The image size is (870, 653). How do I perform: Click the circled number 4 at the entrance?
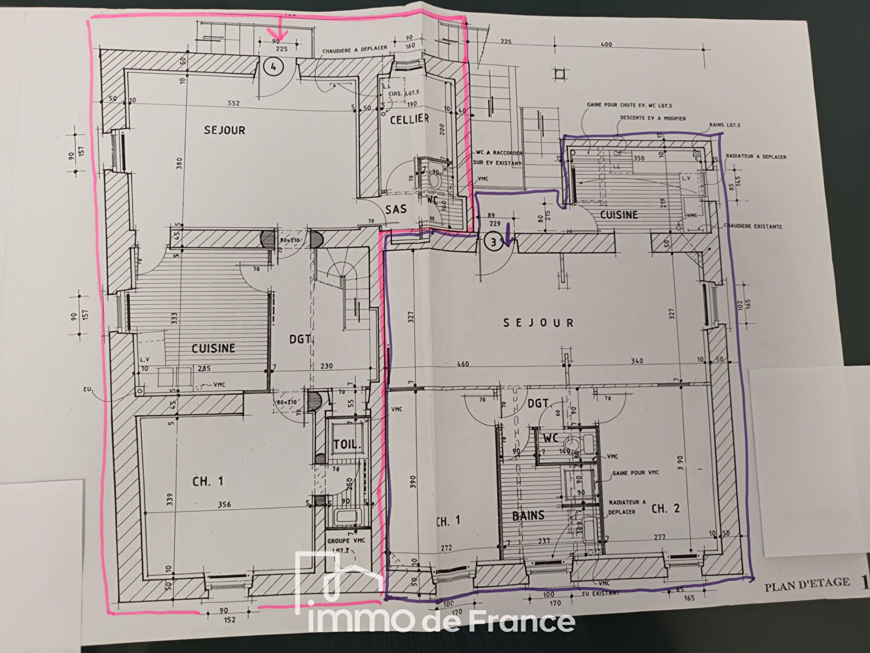pos(273,67)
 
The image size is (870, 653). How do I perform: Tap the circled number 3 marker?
pos(494,242)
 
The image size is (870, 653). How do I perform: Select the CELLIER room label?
pos(409,119)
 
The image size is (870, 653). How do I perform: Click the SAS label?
pos(396,209)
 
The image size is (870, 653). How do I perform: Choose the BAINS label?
pos(528,516)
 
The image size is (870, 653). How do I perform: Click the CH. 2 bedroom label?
pos(665,508)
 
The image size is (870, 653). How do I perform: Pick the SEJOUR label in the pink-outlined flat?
pos(224,130)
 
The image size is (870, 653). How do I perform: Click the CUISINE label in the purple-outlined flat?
pos(619,215)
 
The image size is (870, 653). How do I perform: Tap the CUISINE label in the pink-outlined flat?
pos(213,348)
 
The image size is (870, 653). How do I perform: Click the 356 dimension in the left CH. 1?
pos(224,504)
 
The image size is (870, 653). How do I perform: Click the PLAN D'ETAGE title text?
pos(807,586)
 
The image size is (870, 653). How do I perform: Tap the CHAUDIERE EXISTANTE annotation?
pos(752,227)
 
